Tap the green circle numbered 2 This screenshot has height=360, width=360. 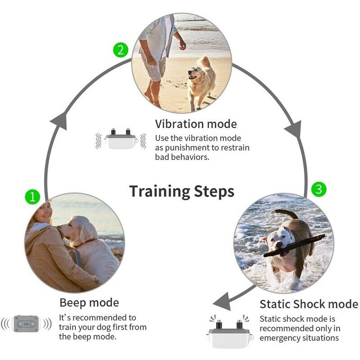[x=120, y=49]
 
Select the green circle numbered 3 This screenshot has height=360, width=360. [x=319, y=189]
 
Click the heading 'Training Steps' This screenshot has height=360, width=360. [x=182, y=191]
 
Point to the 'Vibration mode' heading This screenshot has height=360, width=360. [x=196, y=124]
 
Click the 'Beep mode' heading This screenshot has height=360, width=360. [x=89, y=302]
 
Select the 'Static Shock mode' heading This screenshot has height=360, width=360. [x=309, y=304]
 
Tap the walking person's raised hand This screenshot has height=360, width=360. [x=182, y=45]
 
